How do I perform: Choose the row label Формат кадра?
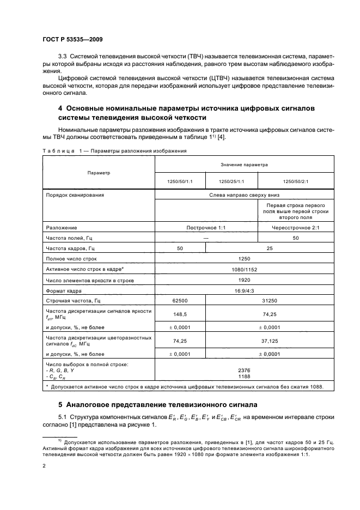[63, 290]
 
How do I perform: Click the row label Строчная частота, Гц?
[74, 301]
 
